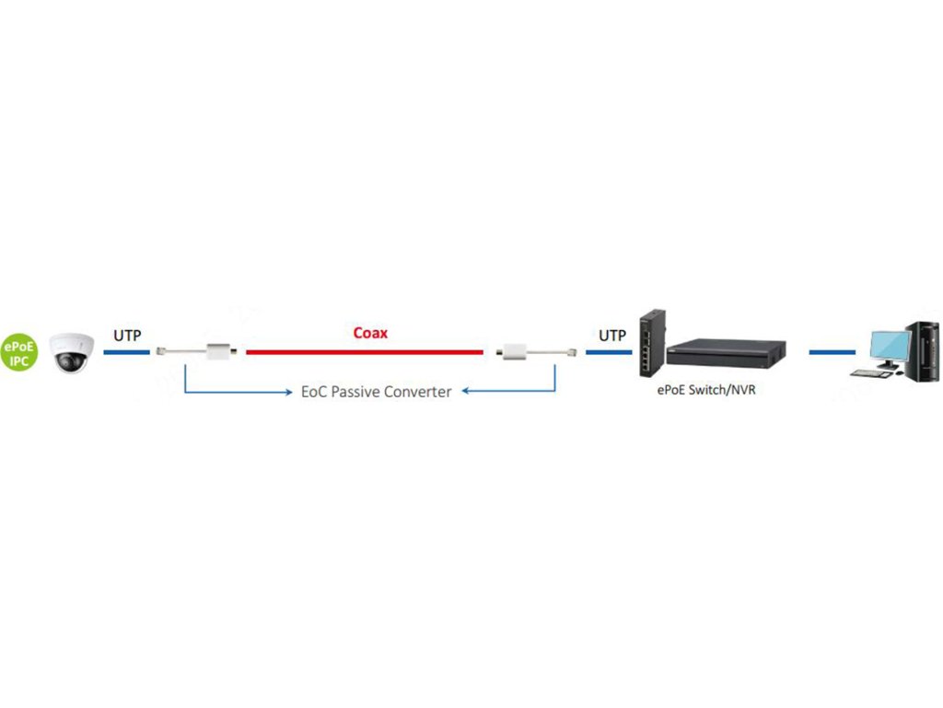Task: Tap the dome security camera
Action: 70,352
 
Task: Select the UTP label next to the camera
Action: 127,336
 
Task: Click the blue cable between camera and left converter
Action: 127,352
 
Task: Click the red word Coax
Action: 370,333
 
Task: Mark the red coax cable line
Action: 364,352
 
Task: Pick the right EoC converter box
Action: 512,352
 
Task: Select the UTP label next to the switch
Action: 612,336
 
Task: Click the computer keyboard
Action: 866,373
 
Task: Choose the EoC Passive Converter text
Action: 377,392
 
